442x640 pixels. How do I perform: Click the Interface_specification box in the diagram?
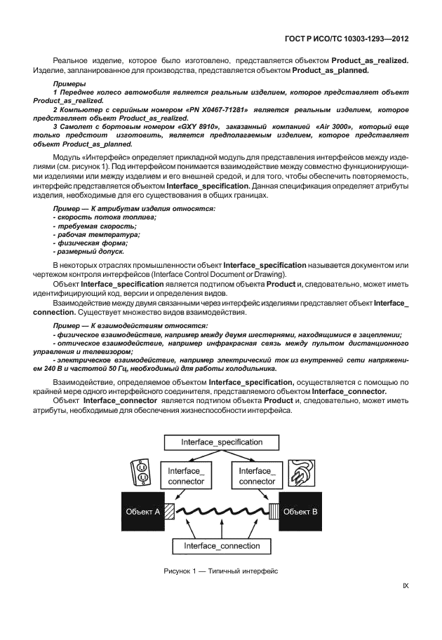(x=222, y=442)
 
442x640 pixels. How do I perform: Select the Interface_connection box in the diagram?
(x=222, y=545)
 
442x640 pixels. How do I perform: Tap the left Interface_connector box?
(x=187, y=476)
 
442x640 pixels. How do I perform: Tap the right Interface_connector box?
(x=257, y=476)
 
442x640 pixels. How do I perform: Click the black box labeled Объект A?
(x=142, y=512)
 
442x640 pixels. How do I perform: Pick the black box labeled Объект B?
(x=301, y=512)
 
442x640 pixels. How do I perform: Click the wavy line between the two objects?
(x=222, y=512)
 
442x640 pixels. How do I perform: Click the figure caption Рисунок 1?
(x=222, y=571)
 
